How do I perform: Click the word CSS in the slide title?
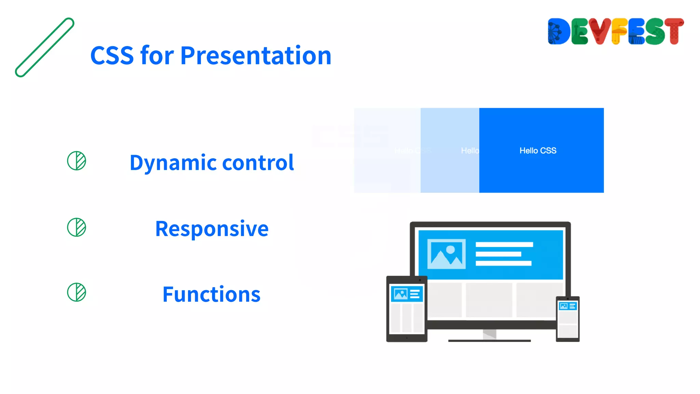click(112, 56)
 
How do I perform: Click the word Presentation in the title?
click(256, 56)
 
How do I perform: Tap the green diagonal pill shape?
click(44, 48)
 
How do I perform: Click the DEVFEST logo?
click(615, 31)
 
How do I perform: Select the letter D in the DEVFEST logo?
click(558, 31)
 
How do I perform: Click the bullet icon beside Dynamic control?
click(77, 161)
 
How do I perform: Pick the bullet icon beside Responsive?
click(77, 227)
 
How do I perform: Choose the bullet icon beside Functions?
click(77, 292)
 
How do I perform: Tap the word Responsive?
click(212, 229)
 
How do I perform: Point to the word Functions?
click(211, 294)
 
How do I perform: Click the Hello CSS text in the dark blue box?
click(538, 151)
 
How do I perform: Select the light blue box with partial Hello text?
click(449, 150)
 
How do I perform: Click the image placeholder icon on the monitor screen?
click(446, 254)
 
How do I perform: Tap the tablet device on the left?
click(407, 309)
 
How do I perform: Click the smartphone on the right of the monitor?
click(567, 319)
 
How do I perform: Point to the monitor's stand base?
click(489, 340)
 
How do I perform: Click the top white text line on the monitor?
click(504, 245)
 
